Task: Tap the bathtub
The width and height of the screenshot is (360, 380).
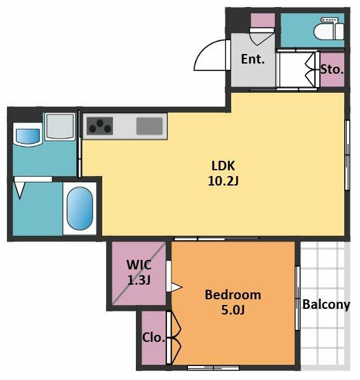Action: click(79, 208)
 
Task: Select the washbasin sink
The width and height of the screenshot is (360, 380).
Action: click(27, 135)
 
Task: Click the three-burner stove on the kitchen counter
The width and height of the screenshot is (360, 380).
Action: click(100, 126)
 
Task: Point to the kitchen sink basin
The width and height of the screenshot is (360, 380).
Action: click(149, 126)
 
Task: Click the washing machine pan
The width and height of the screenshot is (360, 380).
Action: click(60, 126)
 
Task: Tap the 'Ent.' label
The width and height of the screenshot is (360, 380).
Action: click(253, 59)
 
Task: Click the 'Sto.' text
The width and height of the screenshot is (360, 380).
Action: click(332, 69)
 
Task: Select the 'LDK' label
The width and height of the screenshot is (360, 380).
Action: click(223, 166)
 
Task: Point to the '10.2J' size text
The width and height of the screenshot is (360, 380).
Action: click(223, 181)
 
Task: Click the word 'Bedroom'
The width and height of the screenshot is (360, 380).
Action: click(233, 295)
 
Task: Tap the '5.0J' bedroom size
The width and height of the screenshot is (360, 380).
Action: click(233, 309)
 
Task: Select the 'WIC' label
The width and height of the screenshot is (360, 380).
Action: click(139, 264)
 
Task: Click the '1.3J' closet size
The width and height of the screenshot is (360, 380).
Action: click(139, 280)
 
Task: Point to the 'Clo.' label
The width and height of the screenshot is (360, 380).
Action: click(154, 337)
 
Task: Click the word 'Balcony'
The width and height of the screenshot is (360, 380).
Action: click(326, 304)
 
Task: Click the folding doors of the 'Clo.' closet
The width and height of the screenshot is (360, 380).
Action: click(173, 337)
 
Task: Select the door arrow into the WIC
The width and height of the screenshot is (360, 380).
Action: click(177, 287)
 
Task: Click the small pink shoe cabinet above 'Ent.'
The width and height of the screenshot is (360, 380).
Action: click(262, 20)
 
